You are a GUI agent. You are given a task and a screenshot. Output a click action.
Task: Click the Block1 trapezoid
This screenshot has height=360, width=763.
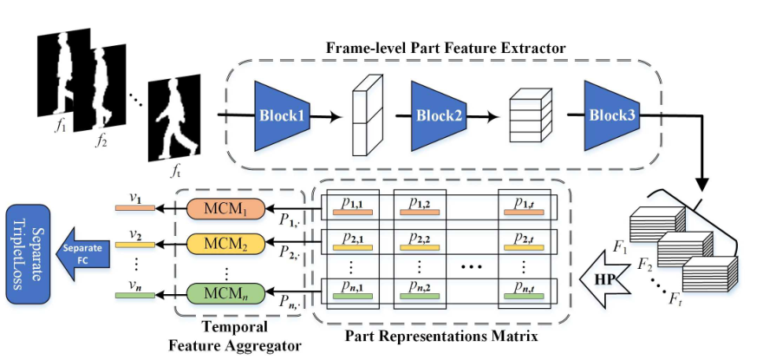283,115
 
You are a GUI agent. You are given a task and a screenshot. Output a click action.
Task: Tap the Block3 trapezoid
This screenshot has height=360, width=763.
611,115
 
